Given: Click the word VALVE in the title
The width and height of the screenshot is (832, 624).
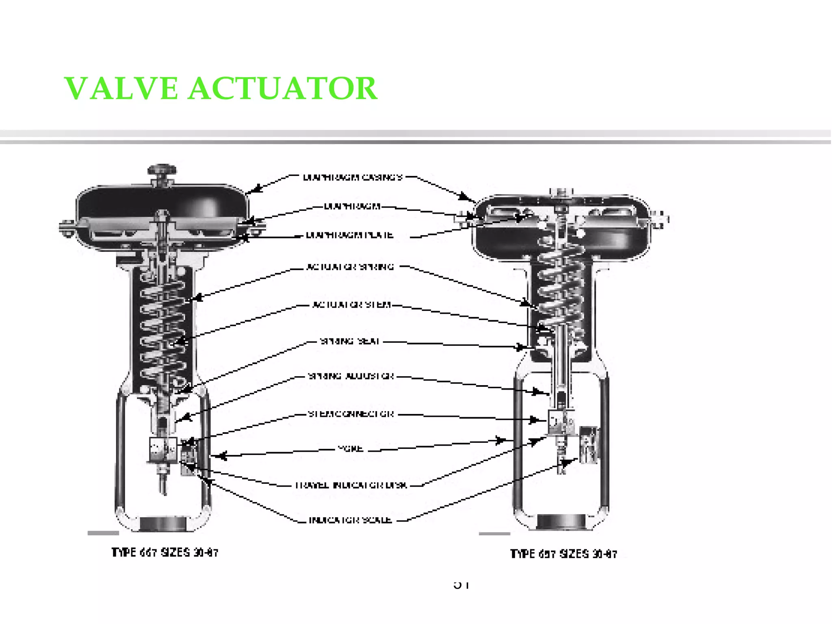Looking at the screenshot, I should click(x=121, y=89).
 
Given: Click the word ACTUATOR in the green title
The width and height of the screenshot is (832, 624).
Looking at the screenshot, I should click(x=283, y=89).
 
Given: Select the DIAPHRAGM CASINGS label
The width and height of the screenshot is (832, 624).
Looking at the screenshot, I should click(x=353, y=178).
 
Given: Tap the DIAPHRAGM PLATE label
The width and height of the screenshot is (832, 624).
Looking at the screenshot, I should click(x=349, y=235).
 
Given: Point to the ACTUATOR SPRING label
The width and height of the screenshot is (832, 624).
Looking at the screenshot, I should click(x=350, y=267).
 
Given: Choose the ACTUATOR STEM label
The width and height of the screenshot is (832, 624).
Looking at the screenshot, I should click(x=351, y=305).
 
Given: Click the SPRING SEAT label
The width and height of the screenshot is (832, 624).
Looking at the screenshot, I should click(x=350, y=341).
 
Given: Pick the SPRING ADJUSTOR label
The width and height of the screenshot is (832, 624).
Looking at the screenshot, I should click(x=351, y=376).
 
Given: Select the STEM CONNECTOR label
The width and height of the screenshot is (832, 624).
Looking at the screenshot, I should click(x=351, y=414).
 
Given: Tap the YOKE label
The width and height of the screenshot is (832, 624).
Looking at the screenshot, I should click(x=350, y=449).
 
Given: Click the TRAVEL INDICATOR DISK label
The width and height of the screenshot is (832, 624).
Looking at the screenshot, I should click(x=351, y=485).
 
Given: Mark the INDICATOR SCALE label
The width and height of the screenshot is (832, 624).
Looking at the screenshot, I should click(x=350, y=520).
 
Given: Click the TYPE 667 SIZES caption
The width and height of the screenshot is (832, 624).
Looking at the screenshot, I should click(x=165, y=553).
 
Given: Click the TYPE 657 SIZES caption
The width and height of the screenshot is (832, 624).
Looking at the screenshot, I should click(x=563, y=554).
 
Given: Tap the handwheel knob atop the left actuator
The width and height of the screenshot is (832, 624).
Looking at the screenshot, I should click(x=162, y=169).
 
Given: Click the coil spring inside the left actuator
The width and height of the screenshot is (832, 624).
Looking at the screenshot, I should click(x=162, y=325).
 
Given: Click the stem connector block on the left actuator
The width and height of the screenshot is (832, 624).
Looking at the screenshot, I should click(x=163, y=449).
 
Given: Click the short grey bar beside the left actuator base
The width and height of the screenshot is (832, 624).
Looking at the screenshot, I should click(x=103, y=533).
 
